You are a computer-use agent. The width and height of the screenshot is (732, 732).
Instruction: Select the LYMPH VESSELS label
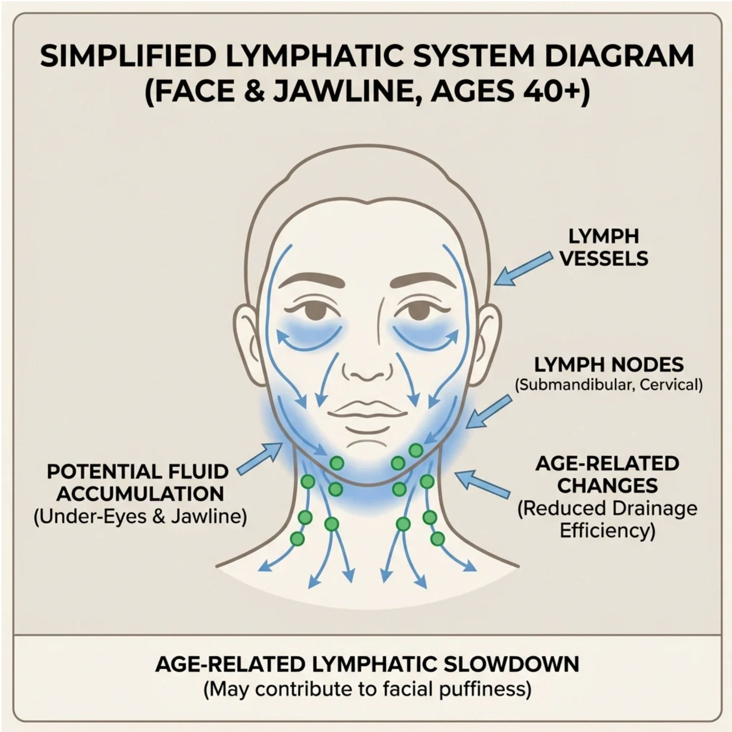[604, 247]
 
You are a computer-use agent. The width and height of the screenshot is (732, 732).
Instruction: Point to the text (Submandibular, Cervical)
[609, 385]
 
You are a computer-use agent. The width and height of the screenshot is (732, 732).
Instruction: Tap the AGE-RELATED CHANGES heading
[607, 474]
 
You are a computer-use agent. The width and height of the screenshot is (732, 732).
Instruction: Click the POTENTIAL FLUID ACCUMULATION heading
[138, 483]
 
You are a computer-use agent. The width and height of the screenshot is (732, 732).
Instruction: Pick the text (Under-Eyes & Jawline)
[140, 517]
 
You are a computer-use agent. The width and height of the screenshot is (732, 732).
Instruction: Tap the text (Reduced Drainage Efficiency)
[607, 519]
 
